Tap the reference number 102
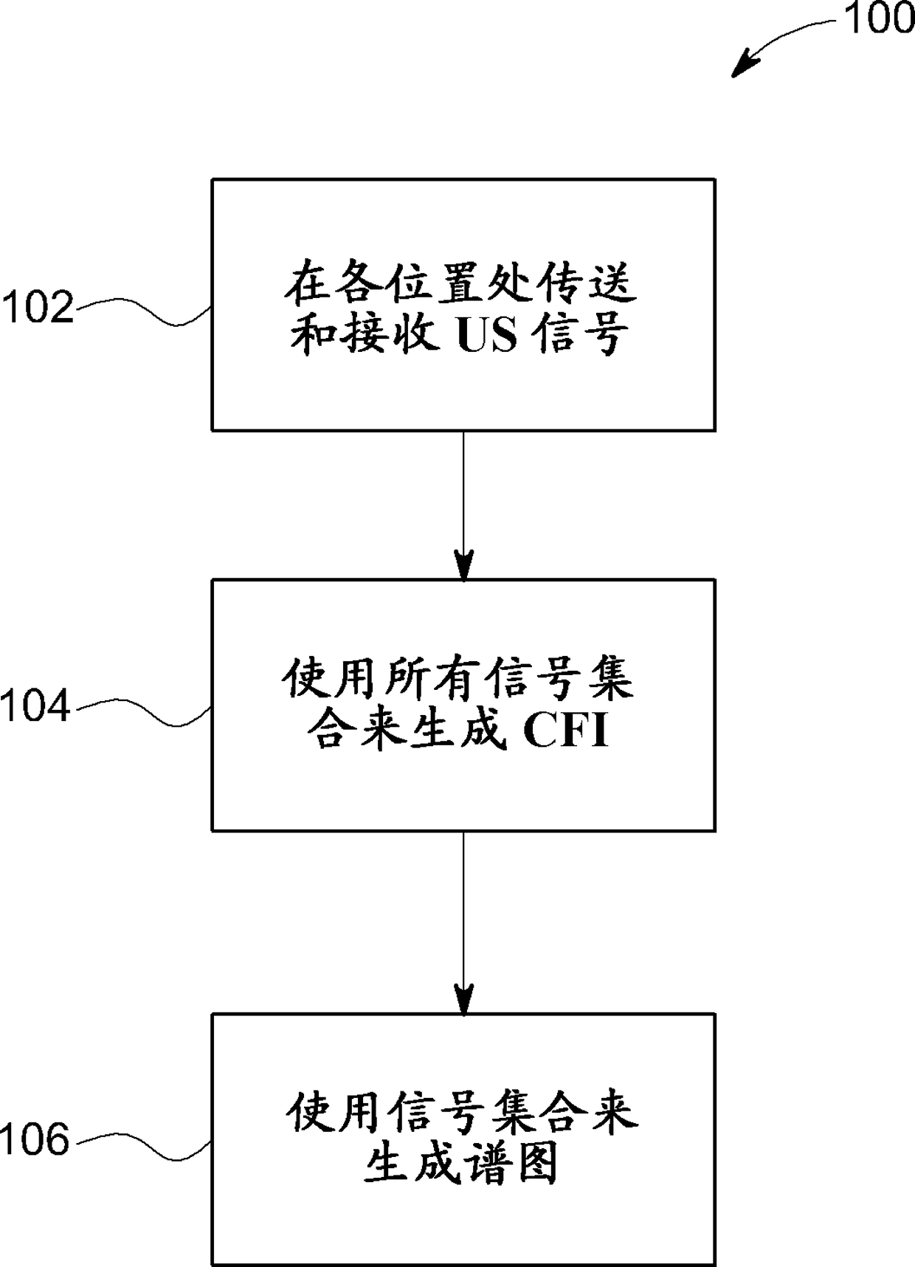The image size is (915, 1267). pos(38,307)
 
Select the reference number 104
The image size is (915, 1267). pos(36,706)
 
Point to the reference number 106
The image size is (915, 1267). pos(36,1140)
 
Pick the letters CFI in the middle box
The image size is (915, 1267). pos(566,732)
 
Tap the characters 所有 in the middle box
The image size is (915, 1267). pos(432,679)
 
